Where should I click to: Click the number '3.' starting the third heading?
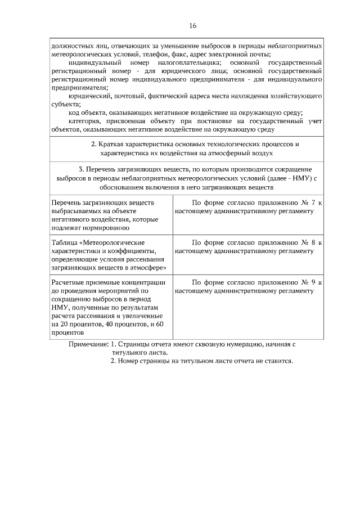pos(82,169)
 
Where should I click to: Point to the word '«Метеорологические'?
pos(110,242)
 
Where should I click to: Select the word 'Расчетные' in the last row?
pos(68,282)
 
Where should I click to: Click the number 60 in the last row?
pos(159,325)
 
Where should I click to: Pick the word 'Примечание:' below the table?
pos(88,344)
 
